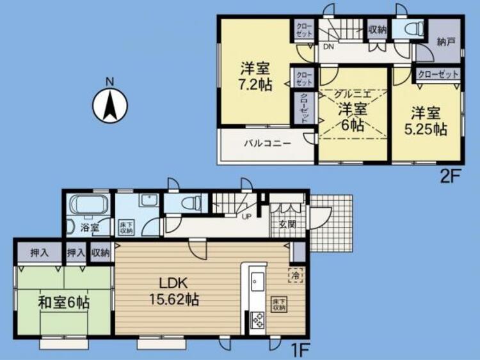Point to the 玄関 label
(x=287, y=225)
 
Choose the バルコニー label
(x=266, y=143)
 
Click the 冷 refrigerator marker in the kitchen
(x=296, y=274)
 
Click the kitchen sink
(x=257, y=282)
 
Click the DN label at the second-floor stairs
(x=328, y=47)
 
